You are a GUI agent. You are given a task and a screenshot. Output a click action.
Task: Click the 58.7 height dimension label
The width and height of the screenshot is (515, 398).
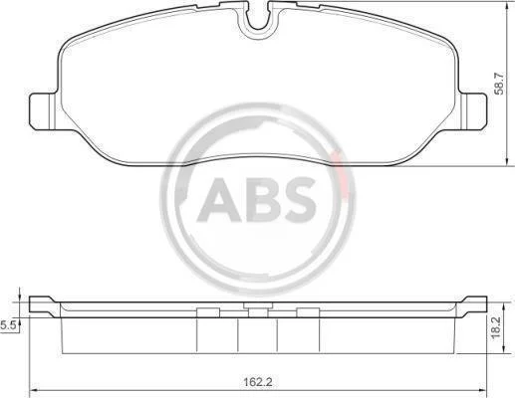coord(499,84)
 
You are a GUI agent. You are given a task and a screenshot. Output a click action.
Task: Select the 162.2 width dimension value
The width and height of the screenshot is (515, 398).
coord(258,382)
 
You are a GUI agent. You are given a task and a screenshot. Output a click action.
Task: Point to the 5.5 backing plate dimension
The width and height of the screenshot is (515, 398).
coord(8,325)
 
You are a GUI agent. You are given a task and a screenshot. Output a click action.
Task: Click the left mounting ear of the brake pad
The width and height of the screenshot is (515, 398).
coord(43,111)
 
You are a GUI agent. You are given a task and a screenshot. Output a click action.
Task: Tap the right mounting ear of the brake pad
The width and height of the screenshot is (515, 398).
coord(473,111)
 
